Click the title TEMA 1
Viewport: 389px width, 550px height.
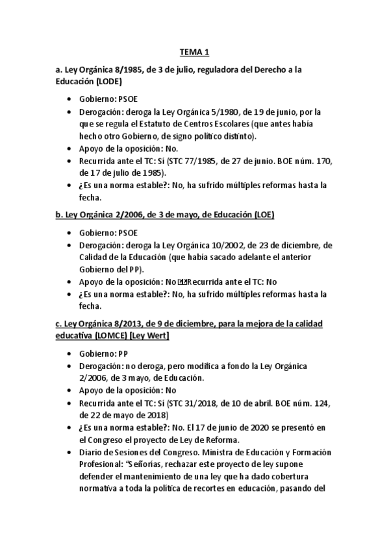(194, 53)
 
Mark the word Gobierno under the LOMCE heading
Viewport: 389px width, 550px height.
(97, 354)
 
